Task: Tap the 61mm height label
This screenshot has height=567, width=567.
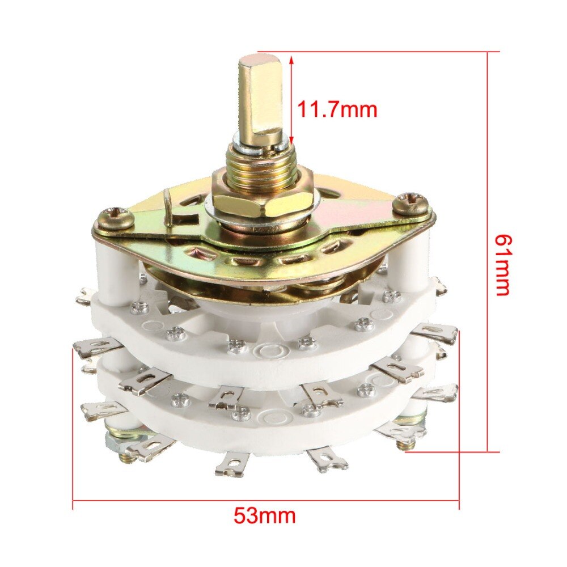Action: click(502, 265)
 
